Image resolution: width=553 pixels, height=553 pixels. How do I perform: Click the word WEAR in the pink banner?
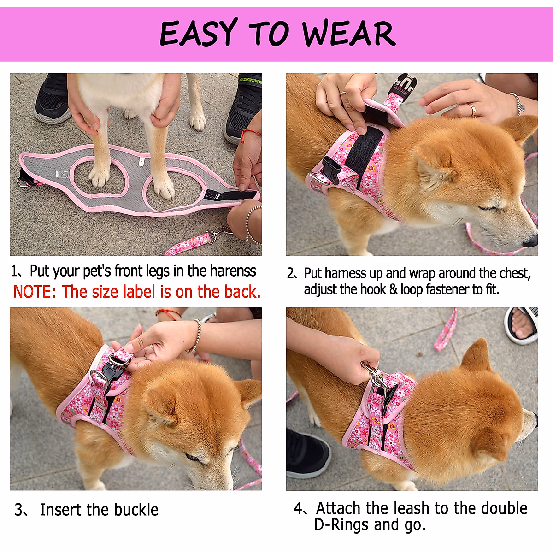pyautogui.click(x=349, y=33)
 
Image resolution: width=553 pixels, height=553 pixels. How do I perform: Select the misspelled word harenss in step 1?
pyautogui.click(x=233, y=271)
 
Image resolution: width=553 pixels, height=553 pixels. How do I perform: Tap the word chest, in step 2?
pyautogui.click(x=515, y=273)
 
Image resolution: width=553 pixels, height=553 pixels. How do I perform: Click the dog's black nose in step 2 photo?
pyautogui.click(x=530, y=241)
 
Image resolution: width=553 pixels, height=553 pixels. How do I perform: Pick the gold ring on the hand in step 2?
pyautogui.click(x=472, y=109)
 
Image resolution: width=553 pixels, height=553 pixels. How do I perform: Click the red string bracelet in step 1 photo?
pyautogui.click(x=249, y=134)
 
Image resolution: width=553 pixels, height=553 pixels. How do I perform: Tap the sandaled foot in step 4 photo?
pyautogui.click(x=522, y=324)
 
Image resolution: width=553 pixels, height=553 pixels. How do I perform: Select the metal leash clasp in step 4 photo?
pyautogui.click(x=373, y=376)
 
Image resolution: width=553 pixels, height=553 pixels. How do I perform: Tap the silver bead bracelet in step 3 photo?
pyautogui.click(x=194, y=336)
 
